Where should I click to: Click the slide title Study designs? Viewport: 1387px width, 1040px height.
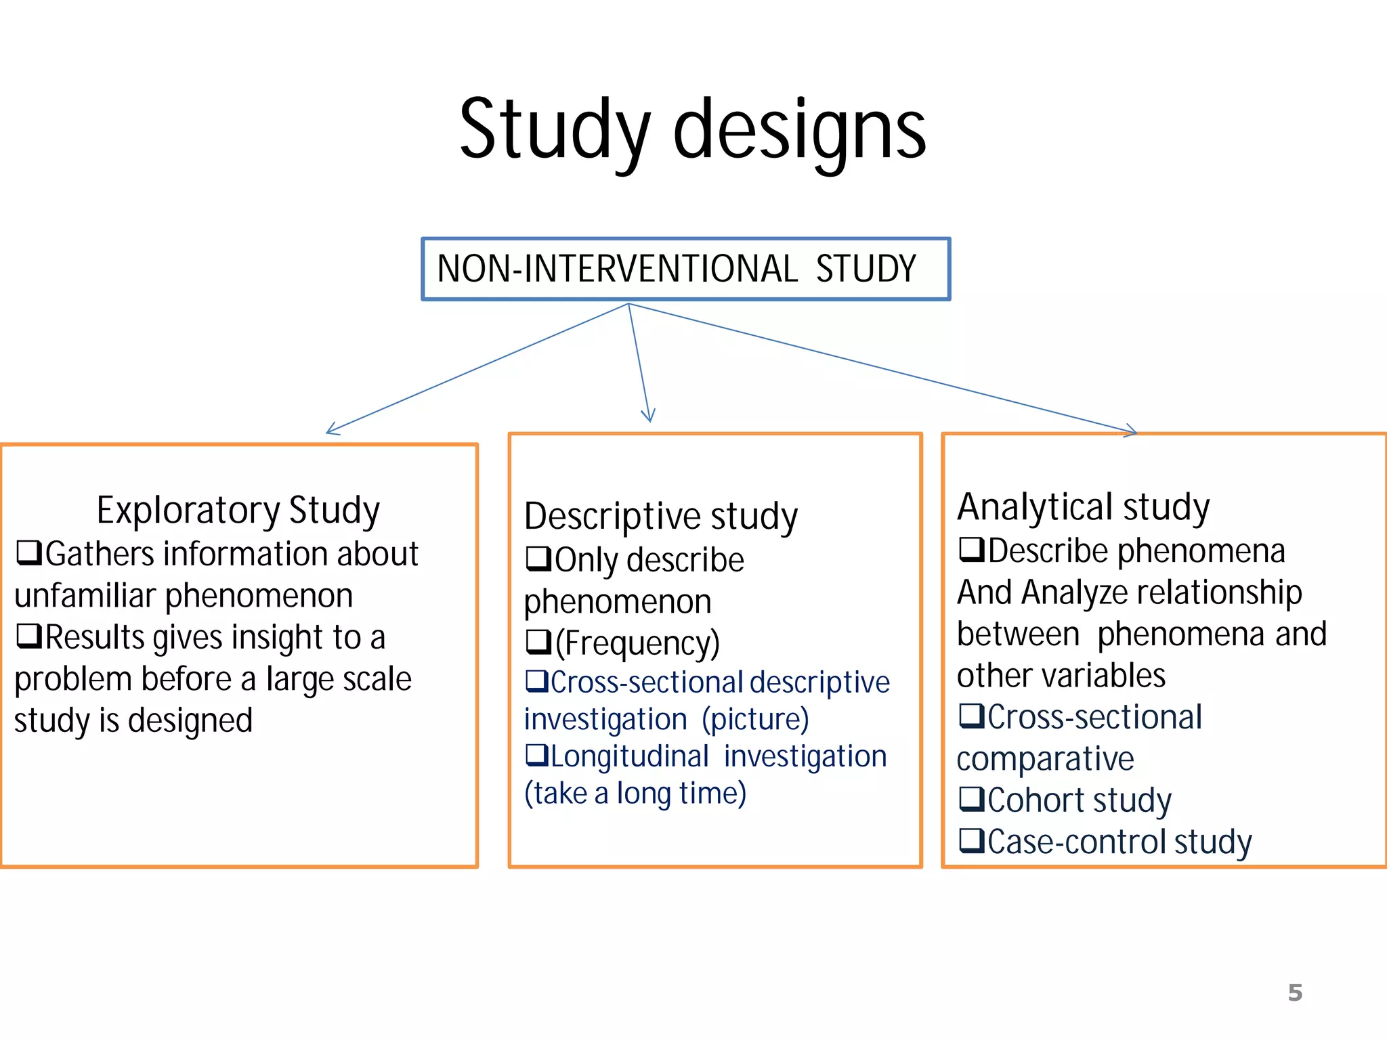tap(692, 130)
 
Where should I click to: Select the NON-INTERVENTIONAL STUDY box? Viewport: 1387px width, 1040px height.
tap(685, 269)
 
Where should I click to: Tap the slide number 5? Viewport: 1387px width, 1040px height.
tap(1295, 993)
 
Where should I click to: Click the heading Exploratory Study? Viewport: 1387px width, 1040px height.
tap(238, 511)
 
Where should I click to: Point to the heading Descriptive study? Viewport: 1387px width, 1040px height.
tap(661, 517)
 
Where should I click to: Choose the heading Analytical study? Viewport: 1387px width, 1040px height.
tap(1083, 507)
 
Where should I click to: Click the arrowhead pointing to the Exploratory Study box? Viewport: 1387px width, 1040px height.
tap(330, 431)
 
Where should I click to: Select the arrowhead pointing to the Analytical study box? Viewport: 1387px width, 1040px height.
tap(1133, 431)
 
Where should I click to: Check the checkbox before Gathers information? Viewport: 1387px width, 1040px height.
tap(29, 552)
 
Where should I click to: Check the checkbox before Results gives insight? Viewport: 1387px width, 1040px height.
tap(29, 636)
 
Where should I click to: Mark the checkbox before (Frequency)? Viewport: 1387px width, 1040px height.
tap(538, 641)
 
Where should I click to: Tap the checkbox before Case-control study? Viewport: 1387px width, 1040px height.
tap(972, 840)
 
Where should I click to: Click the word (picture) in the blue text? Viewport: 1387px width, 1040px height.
tap(755, 719)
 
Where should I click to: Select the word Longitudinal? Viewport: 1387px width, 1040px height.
tap(630, 756)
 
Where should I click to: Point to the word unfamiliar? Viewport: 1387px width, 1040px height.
tap(85, 596)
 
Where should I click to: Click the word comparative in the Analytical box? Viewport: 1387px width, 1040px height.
tap(1045, 759)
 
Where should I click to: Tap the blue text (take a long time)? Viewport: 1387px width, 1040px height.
tap(635, 794)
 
